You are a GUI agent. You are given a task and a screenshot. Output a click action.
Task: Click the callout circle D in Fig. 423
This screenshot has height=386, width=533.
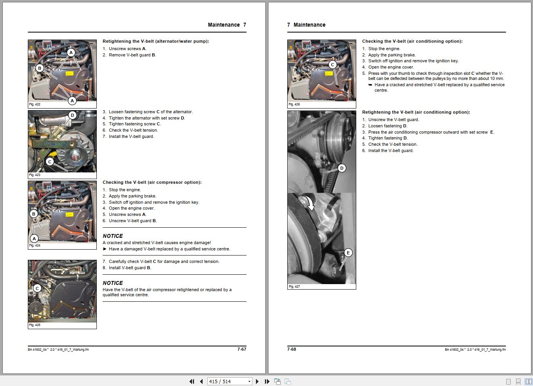tap(72, 115)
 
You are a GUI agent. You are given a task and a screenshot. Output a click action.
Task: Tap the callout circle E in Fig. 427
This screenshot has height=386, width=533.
tap(348, 253)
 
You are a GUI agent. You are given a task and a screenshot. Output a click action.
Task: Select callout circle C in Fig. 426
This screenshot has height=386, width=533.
tap(333, 65)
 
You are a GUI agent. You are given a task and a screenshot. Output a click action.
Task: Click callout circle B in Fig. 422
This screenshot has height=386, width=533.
tap(39, 68)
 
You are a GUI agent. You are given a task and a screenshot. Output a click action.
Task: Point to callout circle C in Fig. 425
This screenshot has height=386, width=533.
tap(37, 288)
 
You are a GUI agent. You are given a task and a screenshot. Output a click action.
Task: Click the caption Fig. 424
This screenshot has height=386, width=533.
tap(34, 246)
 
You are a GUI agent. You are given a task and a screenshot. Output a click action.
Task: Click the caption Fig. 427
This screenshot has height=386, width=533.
tap(294, 286)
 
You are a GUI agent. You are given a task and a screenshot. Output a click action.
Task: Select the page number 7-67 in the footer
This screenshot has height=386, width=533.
tap(242, 349)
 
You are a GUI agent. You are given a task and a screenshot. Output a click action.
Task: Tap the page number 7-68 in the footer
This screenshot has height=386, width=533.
tap(292, 349)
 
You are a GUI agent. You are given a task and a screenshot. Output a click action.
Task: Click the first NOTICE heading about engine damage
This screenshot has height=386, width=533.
tap(112, 236)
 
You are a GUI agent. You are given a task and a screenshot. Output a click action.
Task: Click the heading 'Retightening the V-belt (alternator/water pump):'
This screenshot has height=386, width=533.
tap(156, 41)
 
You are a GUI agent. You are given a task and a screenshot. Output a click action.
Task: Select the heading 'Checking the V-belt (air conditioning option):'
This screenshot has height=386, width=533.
tap(412, 41)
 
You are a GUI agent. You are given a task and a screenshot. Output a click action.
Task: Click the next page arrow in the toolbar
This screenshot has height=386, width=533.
tap(257, 381)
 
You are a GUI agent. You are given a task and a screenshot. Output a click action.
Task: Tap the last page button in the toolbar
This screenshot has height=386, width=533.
tap(267, 381)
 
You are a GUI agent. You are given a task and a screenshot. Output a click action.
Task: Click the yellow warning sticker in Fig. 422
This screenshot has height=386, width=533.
tap(69, 73)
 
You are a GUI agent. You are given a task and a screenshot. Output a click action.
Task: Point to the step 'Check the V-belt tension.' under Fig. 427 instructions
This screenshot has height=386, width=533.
tap(393, 144)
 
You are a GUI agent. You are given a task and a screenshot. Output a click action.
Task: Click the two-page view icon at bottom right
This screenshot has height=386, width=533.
tap(528, 381)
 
